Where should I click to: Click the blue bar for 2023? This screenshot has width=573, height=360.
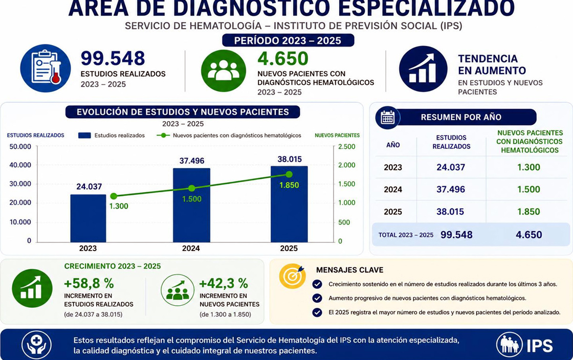click(x=88, y=218)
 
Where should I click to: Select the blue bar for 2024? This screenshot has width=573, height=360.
click(x=191, y=205)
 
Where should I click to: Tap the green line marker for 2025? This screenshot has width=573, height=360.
click(x=289, y=174)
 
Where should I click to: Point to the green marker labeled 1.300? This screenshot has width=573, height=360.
click(x=114, y=196)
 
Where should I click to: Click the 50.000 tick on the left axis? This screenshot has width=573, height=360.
click(x=20, y=147)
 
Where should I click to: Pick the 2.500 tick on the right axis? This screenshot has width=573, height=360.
click(x=346, y=147)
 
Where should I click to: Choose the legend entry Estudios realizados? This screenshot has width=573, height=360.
click(x=112, y=136)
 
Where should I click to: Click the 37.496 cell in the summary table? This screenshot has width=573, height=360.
click(x=451, y=190)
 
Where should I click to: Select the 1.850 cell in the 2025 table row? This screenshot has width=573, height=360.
click(x=528, y=212)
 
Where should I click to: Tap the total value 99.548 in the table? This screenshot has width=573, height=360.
click(x=456, y=235)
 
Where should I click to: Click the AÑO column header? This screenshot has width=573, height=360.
click(x=393, y=145)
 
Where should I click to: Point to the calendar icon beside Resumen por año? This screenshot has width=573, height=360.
click(x=388, y=118)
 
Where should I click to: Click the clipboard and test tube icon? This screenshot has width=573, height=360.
click(x=46, y=69)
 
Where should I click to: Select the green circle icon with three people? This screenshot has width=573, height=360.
click(x=223, y=71)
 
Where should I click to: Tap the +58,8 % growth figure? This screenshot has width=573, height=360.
click(x=89, y=283)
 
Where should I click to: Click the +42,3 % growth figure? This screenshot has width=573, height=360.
click(x=224, y=283)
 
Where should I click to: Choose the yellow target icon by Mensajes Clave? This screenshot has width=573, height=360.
click(x=292, y=276)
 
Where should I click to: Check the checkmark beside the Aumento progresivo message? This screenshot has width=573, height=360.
click(x=317, y=298)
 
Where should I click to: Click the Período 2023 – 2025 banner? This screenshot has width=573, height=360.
click(x=288, y=40)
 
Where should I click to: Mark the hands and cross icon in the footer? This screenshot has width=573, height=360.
click(x=36, y=345)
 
